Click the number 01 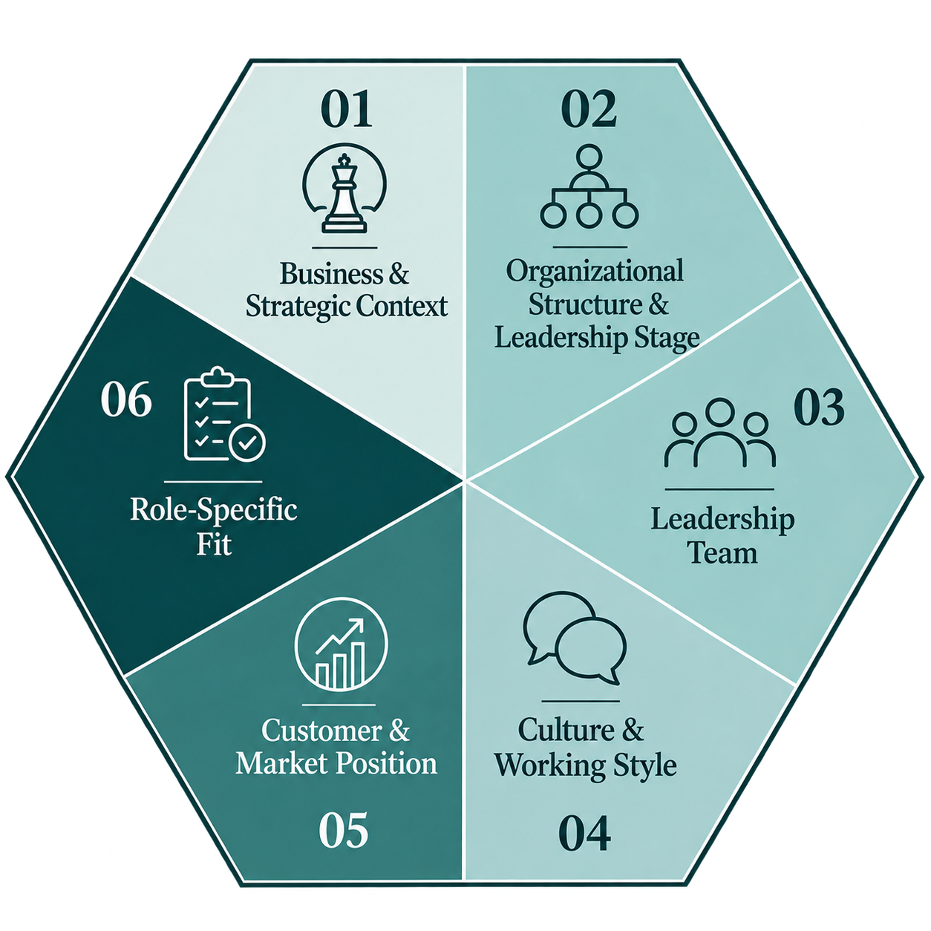coord(347,109)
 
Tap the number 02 coord(589,109)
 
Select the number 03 coord(820,408)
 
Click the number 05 coord(344,829)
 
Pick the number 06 coord(126,399)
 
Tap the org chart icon coord(589,186)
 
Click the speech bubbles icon coord(575,638)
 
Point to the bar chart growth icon coord(341,644)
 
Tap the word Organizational coord(595,272)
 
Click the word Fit coord(214,543)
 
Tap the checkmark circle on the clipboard coord(247,442)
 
